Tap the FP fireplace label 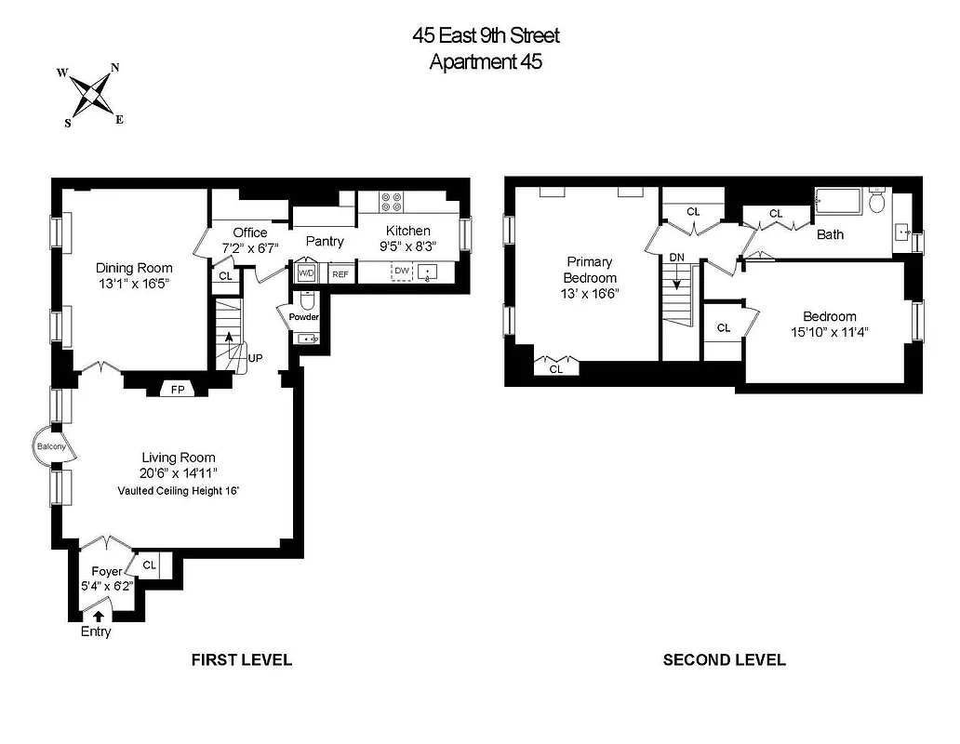(x=178, y=390)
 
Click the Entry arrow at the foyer (x=100, y=615)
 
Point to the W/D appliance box (x=306, y=273)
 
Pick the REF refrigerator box (x=340, y=274)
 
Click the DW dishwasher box (x=402, y=271)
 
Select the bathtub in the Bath (x=839, y=202)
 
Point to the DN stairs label (x=676, y=257)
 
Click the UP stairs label (x=255, y=356)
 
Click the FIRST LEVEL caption (x=242, y=660)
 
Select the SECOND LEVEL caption (x=724, y=660)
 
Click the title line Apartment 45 (x=486, y=62)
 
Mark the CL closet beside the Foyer (x=150, y=563)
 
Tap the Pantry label (x=325, y=241)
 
